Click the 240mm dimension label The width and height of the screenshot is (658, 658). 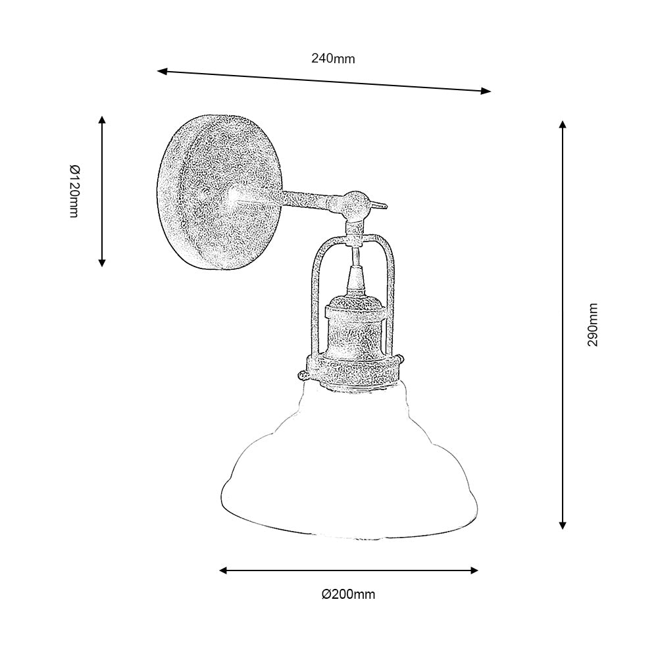coord(333,59)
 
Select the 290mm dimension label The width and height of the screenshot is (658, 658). coord(594,325)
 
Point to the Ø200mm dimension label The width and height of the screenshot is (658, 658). coord(349,595)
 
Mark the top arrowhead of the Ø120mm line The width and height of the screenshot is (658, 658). coord(102,120)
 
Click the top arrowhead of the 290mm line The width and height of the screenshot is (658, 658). coord(562,124)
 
